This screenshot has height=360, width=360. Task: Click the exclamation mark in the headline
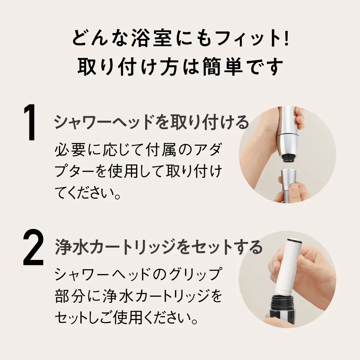click(x=286, y=38)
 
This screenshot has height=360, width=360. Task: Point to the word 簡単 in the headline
click(x=222, y=67)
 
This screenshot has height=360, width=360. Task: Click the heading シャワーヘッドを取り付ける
click(x=151, y=122)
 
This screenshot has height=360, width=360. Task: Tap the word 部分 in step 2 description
click(x=68, y=296)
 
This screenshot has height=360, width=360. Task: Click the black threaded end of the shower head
click(x=287, y=158)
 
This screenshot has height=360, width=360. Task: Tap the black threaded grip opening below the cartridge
click(x=282, y=303)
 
